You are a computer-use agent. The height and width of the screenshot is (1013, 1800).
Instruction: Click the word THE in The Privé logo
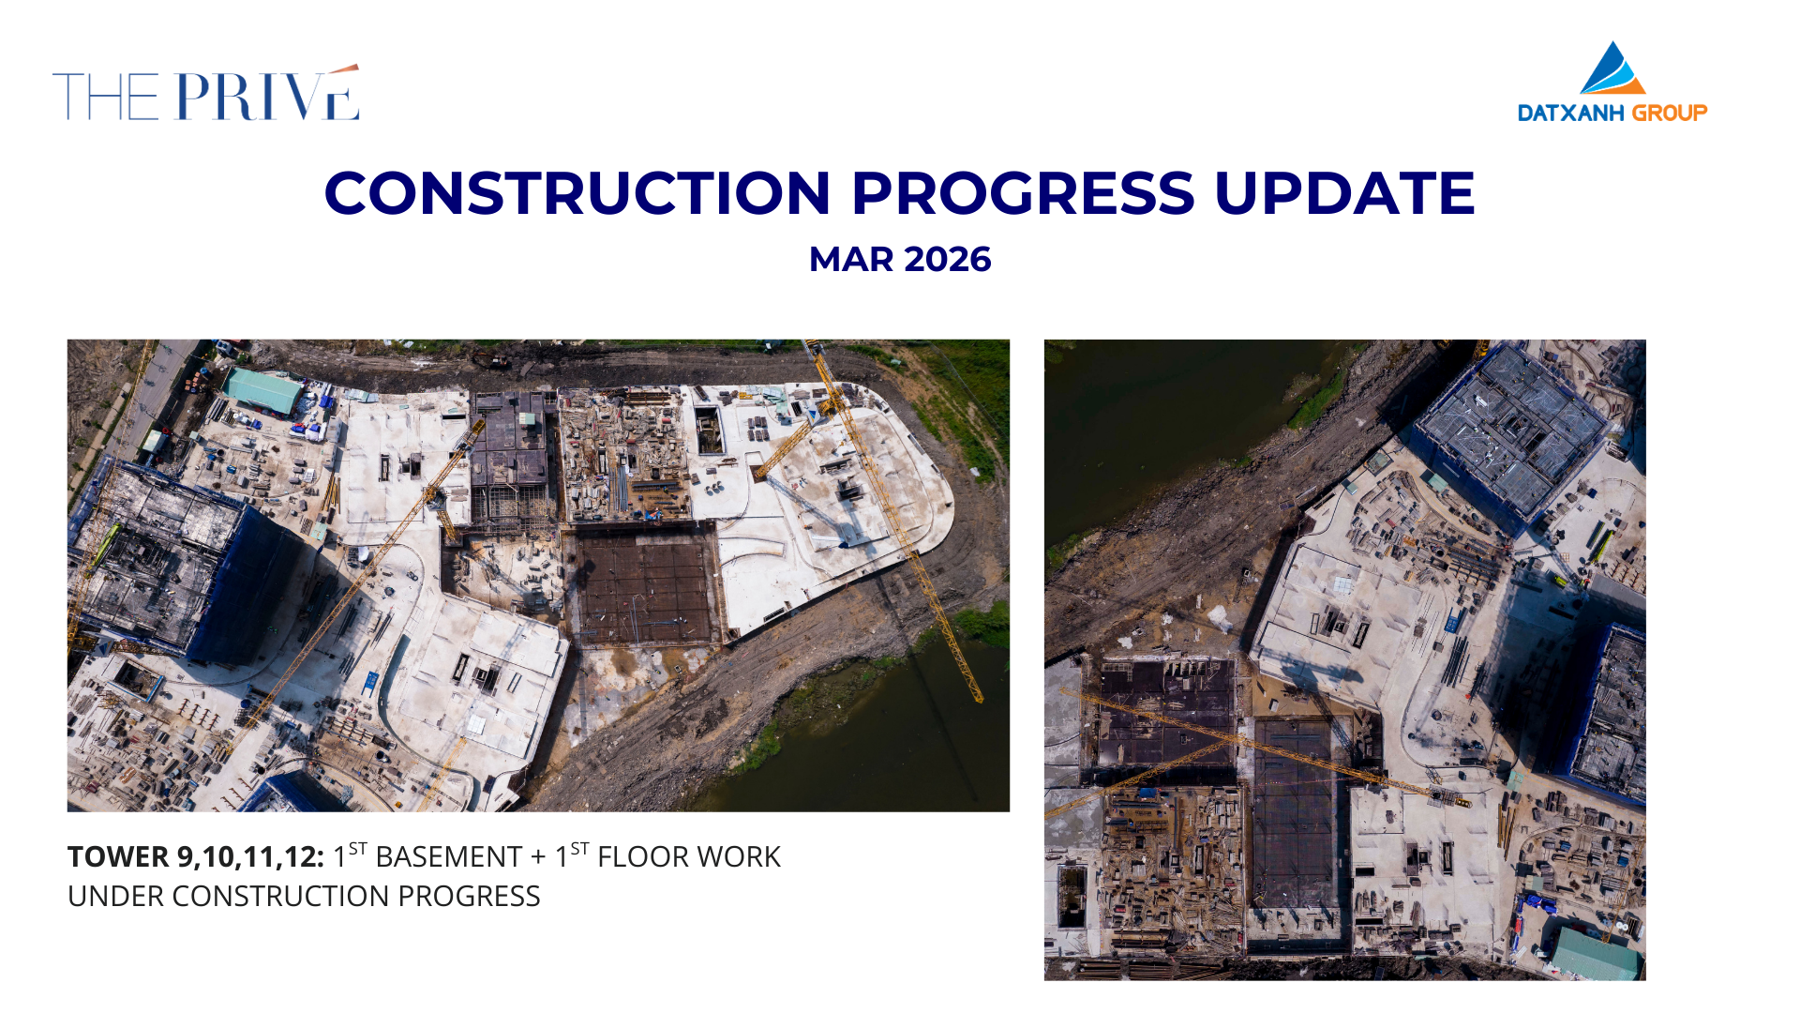(106, 97)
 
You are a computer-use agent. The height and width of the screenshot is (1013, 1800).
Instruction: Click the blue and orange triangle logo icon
(1612, 68)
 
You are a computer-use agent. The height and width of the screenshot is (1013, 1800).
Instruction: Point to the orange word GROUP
(1670, 113)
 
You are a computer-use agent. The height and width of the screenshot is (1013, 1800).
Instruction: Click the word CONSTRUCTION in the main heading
(577, 193)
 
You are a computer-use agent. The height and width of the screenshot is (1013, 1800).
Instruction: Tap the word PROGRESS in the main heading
(1023, 193)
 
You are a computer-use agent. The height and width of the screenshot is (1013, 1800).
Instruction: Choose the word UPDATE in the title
(1345, 193)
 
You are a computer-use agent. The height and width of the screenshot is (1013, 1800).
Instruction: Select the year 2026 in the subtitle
(948, 260)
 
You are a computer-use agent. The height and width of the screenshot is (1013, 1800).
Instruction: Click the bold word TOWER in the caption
(118, 857)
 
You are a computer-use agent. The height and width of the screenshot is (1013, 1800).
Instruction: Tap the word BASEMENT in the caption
(449, 857)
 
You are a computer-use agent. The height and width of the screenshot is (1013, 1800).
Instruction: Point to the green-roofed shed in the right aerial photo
(1596, 953)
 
